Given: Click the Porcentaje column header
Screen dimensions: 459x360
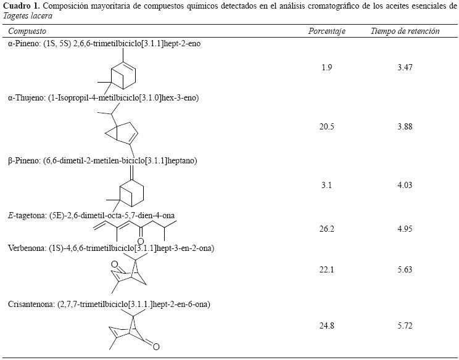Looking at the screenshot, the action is (326, 31).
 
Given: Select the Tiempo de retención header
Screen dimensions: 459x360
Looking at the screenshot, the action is (405, 31).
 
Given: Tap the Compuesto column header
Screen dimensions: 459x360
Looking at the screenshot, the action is (27, 31).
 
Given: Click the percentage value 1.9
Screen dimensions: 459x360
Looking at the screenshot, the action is (326, 68).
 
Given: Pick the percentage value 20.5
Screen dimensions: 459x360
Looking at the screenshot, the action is (327, 126).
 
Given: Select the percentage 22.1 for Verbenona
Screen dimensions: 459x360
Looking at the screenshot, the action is (327, 269).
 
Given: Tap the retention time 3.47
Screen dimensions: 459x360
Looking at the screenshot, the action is (405, 68).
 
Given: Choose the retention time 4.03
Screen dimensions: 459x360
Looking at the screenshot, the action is (405, 185).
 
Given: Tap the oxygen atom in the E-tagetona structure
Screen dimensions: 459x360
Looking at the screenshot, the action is (141, 240).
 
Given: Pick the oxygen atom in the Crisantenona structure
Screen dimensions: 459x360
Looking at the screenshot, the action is (156, 346).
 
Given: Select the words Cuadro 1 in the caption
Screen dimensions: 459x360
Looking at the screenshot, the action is (20, 6).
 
